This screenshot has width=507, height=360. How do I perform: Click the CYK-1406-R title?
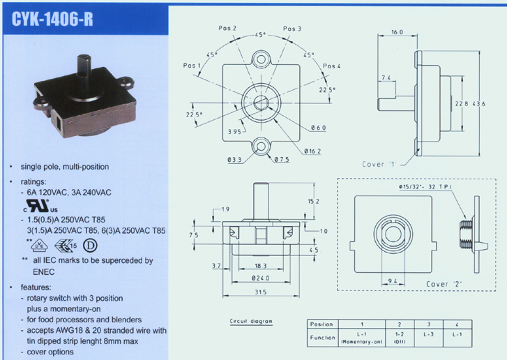pyautogui.click(x=52, y=21)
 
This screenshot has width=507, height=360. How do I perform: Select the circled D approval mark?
pyautogui.click(x=90, y=245)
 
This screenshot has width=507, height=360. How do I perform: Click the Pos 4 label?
pyautogui.click(x=332, y=66)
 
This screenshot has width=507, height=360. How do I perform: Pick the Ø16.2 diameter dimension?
pyautogui.click(x=311, y=150)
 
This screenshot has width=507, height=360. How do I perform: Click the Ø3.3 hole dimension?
pyautogui.click(x=234, y=160)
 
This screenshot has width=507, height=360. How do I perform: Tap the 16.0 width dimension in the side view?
pyautogui.click(x=397, y=32)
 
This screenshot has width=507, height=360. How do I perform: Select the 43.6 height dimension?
pyautogui.click(x=479, y=104)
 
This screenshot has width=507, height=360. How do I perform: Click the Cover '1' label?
pyautogui.click(x=379, y=164)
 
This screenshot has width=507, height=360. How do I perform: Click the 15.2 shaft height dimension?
pyautogui.click(x=313, y=202)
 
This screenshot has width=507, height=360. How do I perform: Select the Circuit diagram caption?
pyautogui.click(x=251, y=322)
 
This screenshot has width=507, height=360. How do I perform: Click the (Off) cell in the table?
pyautogui.click(x=400, y=343)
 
